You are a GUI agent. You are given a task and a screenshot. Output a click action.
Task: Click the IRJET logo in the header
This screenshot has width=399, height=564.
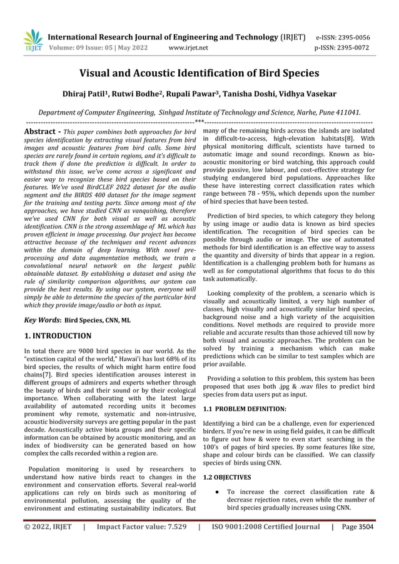click(x=33, y=41)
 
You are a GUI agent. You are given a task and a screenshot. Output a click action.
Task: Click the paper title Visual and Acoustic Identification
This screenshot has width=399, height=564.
click(x=199, y=73)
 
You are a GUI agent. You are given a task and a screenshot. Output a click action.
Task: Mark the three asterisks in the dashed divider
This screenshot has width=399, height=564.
click(x=199, y=121)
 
